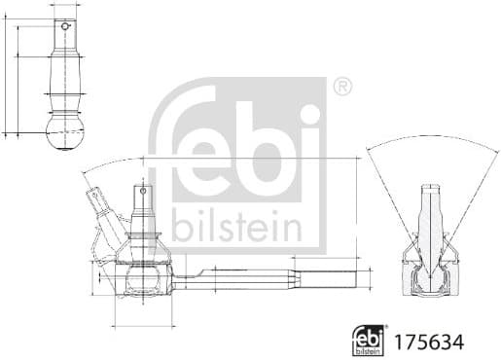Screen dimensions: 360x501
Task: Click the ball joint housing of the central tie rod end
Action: [143, 283]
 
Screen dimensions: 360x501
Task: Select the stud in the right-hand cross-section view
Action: [429, 219]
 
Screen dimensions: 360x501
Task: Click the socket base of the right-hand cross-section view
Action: [429, 283]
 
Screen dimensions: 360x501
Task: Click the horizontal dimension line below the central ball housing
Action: [143, 323]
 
